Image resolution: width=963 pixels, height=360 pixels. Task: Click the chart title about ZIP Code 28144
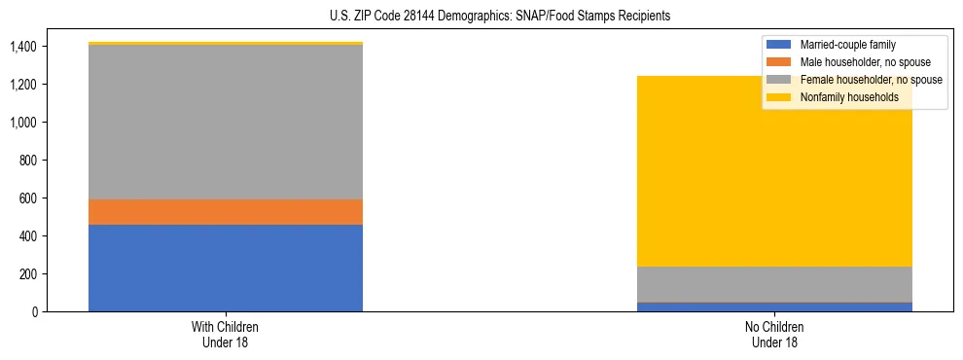[x=481, y=17]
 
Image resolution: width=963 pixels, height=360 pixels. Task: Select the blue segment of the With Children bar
[x=226, y=268]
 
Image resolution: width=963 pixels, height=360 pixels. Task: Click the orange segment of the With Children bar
[x=226, y=212]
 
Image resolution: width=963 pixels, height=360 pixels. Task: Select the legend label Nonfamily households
[x=847, y=97]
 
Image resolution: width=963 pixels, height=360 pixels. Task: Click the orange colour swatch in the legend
[x=779, y=62]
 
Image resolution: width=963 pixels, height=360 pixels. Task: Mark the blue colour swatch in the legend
[x=779, y=45]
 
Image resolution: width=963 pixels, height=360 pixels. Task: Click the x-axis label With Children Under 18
[x=226, y=335]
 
